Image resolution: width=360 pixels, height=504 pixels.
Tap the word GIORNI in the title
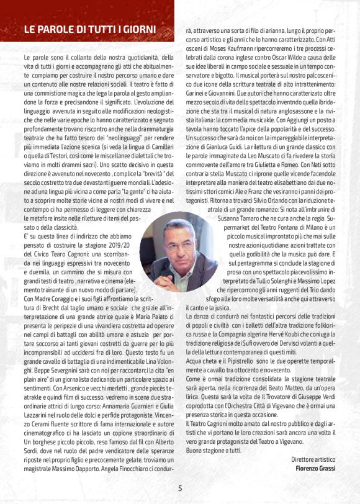pos(138,29)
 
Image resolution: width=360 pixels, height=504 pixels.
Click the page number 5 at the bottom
pos(180,488)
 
